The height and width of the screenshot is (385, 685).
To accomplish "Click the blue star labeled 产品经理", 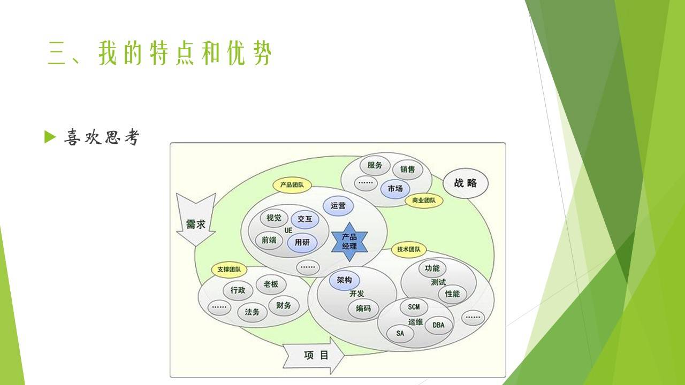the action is pyautogui.click(x=349, y=242).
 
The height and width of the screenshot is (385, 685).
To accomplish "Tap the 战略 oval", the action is pyautogui.click(x=466, y=183).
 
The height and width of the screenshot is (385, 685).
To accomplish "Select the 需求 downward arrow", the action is pyautogui.click(x=196, y=219).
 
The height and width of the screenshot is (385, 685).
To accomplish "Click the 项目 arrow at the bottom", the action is pyautogui.click(x=314, y=356).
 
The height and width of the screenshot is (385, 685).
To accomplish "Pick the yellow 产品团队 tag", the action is pyautogui.click(x=292, y=185).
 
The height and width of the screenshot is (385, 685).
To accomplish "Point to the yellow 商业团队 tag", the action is pyautogui.click(x=424, y=201).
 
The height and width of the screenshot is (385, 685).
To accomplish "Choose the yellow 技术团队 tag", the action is pyautogui.click(x=408, y=249).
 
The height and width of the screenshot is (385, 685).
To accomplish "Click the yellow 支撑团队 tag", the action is pyautogui.click(x=229, y=270).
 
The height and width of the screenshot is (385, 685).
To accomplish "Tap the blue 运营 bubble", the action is pyautogui.click(x=338, y=206).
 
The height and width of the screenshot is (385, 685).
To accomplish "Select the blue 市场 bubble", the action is pyautogui.click(x=395, y=189).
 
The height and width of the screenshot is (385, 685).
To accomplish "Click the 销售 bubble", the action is pyautogui.click(x=407, y=170).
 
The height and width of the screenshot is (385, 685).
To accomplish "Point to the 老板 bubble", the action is pyautogui.click(x=271, y=284).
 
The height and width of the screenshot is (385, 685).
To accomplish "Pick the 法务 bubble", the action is pyautogui.click(x=252, y=312).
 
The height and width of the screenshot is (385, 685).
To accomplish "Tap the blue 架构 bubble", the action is pyautogui.click(x=344, y=280).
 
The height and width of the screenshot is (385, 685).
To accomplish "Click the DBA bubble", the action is pyautogui.click(x=438, y=325).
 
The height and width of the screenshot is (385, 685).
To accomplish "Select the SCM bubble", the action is pyautogui.click(x=414, y=307).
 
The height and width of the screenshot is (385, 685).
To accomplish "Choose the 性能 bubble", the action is pyautogui.click(x=452, y=294).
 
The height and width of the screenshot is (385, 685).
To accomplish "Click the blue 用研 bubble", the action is pyautogui.click(x=302, y=243).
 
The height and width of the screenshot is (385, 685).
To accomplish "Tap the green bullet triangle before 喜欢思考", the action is pyautogui.click(x=50, y=137).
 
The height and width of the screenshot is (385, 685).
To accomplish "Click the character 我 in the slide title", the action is pyautogui.click(x=108, y=53).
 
